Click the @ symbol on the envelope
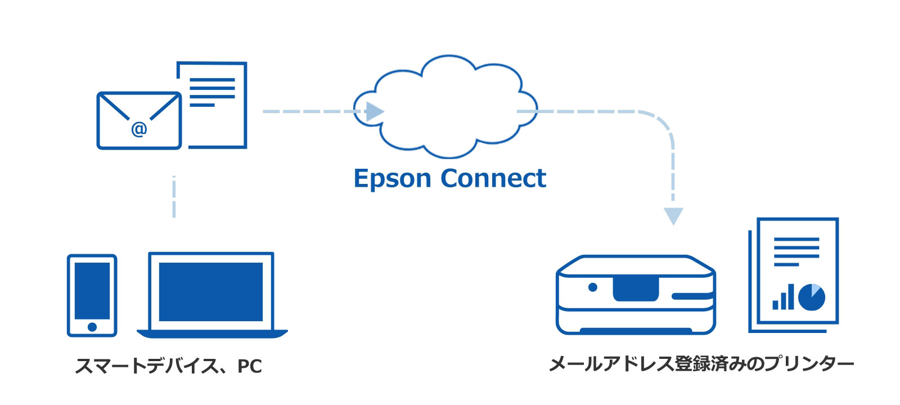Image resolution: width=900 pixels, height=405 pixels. pyautogui.click(x=139, y=129)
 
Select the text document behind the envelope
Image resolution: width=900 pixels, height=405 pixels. pyautogui.click(x=219, y=101)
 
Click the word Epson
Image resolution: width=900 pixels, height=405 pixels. pyautogui.click(x=392, y=179)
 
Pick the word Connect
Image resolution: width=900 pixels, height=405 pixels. pyautogui.click(x=493, y=178)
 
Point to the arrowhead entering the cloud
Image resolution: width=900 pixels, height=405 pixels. pyautogui.click(x=375, y=111)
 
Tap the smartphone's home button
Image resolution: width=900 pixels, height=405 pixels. pyautogui.click(x=92, y=327)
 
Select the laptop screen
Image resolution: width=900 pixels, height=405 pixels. pyautogui.click(x=211, y=291)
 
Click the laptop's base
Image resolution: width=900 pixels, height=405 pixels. pyautogui.click(x=212, y=334)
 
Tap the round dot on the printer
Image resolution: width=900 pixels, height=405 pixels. pyautogui.click(x=592, y=287)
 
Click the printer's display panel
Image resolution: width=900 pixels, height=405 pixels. pyautogui.click(x=636, y=288)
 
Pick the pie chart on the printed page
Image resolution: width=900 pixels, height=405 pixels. pyautogui.click(x=811, y=297)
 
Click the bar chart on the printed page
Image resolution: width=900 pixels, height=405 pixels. pyautogui.click(x=783, y=298)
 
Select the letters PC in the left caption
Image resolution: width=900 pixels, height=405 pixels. pyautogui.click(x=250, y=366)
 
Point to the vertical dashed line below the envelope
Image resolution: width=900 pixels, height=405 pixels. pyautogui.click(x=174, y=197)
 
